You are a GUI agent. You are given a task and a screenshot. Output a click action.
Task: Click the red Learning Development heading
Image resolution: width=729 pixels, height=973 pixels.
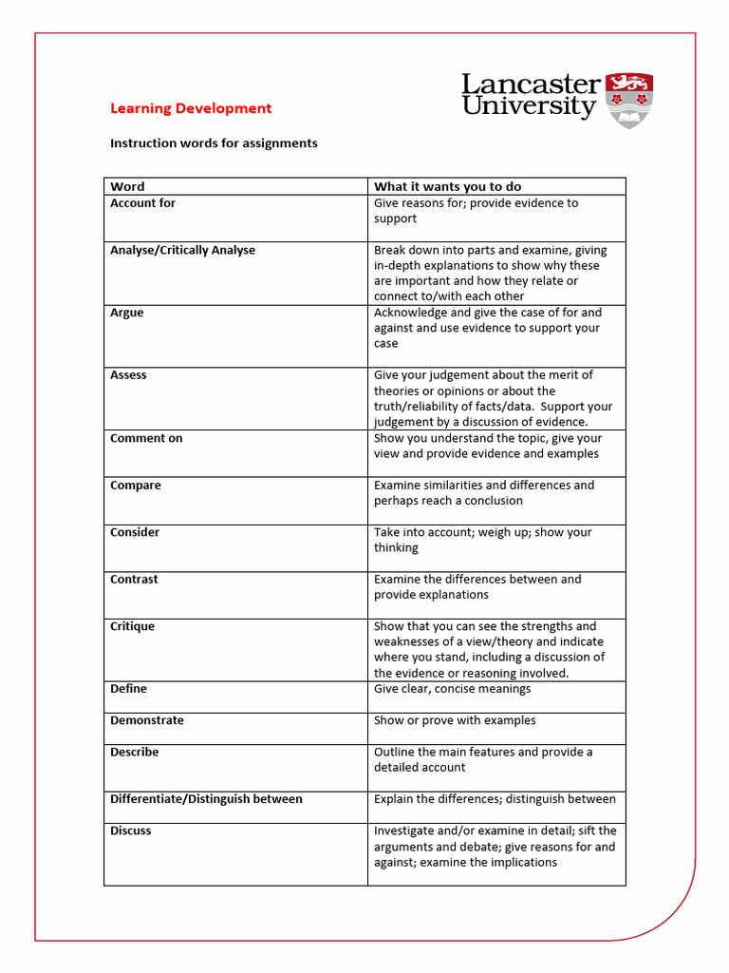pyautogui.click(x=191, y=108)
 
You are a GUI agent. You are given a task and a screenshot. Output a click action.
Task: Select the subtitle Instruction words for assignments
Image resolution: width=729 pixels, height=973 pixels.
pyautogui.click(x=214, y=143)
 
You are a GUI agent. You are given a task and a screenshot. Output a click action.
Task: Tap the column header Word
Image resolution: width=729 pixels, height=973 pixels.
pyautogui.click(x=127, y=186)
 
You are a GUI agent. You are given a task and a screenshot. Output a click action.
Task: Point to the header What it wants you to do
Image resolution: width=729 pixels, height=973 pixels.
pyautogui.click(x=447, y=186)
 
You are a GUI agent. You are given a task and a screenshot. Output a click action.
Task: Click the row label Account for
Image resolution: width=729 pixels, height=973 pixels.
pyautogui.click(x=142, y=203)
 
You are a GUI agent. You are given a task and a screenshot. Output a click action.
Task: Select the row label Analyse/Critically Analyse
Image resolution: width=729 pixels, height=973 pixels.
pyautogui.click(x=182, y=251)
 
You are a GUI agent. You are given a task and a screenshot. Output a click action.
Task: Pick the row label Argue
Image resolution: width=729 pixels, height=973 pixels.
pyautogui.click(x=127, y=313)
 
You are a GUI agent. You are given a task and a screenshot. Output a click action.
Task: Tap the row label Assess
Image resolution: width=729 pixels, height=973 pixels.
pyautogui.click(x=128, y=375)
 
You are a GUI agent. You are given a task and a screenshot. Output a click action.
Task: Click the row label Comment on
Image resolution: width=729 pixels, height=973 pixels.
pyautogui.click(x=146, y=438)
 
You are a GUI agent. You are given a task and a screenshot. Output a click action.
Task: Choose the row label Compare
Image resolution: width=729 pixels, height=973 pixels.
pyautogui.click(x=136, y=486)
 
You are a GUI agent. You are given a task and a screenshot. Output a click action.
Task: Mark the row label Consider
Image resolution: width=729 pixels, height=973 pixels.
pyautogui.click(x=135, y=532)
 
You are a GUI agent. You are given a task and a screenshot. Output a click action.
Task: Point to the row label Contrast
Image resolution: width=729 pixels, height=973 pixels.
pyautogui.click(x=134, y=580)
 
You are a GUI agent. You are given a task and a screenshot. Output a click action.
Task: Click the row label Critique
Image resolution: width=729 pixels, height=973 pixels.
pyautogui.click(x=132, y=627)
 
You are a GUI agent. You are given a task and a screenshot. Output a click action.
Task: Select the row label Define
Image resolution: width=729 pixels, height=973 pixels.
pyautogui.click(x=128, y=689)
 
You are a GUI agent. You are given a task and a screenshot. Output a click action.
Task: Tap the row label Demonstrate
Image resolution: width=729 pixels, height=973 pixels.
pyautogui.click(x=147, y=720)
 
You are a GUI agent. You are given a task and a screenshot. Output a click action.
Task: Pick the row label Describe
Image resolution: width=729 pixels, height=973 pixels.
pyautogui.click(x=134, y=753)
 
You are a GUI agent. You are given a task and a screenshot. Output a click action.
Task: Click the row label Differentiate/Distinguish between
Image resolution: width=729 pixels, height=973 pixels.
pyautogui.click(x=206, y=799)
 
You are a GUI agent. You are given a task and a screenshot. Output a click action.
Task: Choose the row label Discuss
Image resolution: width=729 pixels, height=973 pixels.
pyautogui.click(x=130, y=831)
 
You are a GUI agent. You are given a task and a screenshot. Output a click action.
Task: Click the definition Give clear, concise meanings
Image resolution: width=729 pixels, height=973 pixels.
pyautogui.click(x=452, y=689)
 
